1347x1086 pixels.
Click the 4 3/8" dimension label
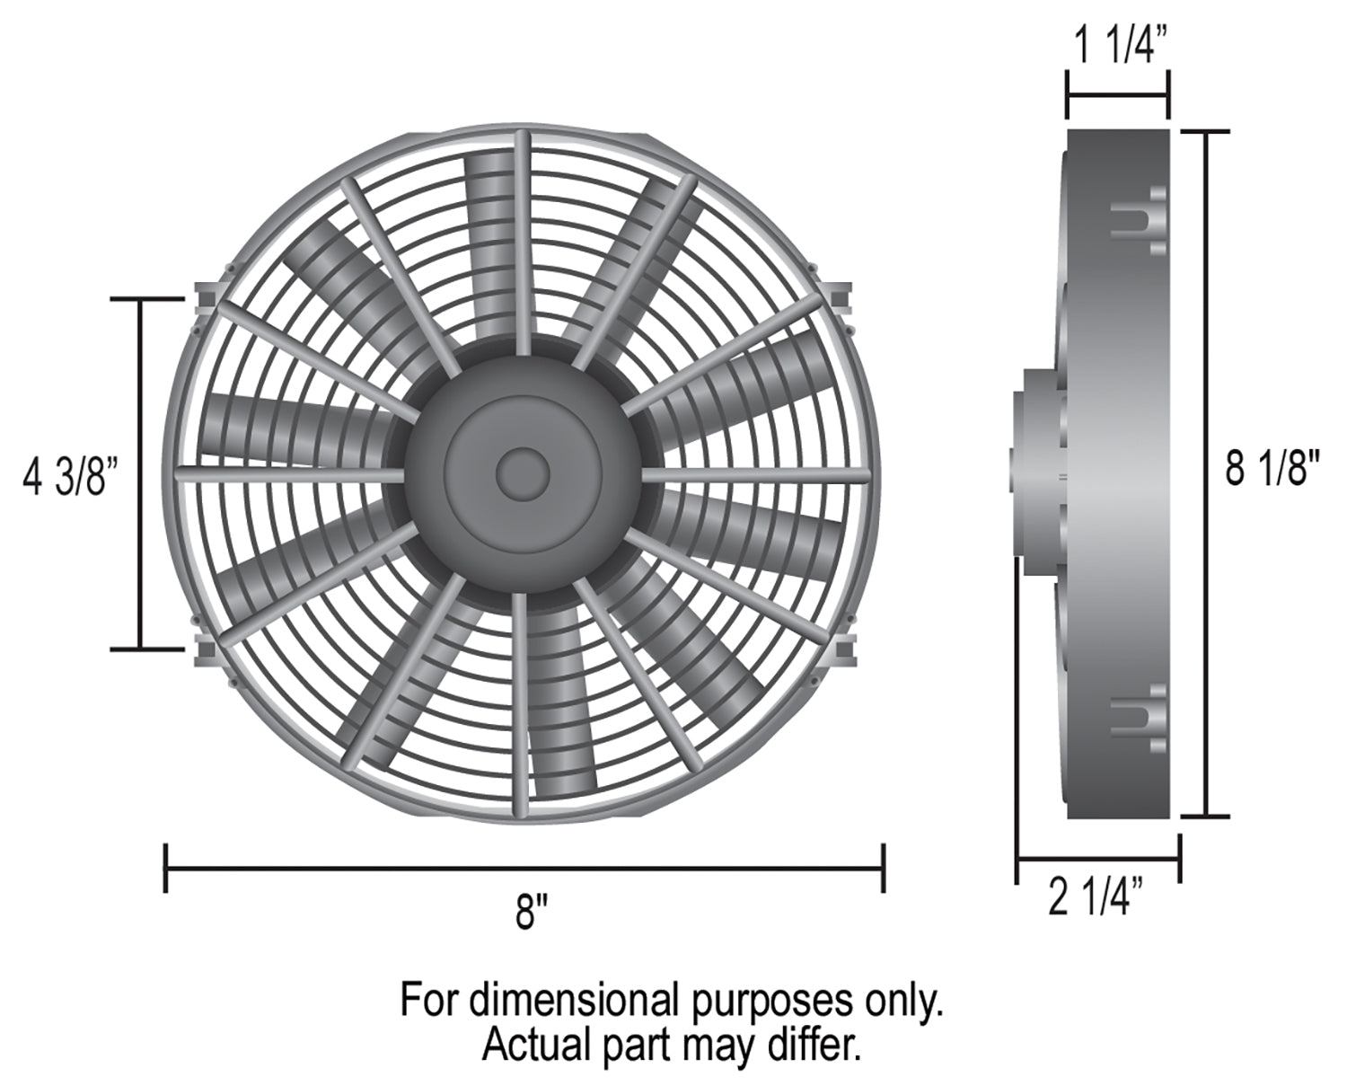pos(71,475)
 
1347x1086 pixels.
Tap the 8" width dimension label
pos(532,914)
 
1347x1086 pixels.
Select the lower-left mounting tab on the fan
pos(206,649)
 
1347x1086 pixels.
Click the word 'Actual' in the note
pos(525,1046)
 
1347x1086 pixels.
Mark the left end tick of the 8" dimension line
pos(166,868)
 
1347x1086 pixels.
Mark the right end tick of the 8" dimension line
pos(885,868)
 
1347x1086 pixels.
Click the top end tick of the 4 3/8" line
pos(140,298)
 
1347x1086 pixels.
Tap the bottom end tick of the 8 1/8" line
pos(1204,817)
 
